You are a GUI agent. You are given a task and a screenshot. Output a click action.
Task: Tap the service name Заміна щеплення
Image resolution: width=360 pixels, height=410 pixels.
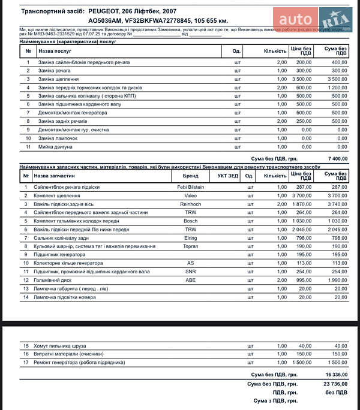coord(58,79)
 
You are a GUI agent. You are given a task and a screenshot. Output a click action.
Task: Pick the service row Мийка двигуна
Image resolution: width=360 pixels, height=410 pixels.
coord(55,146)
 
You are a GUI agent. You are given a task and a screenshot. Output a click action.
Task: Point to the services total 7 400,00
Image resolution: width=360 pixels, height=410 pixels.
coord(338,159)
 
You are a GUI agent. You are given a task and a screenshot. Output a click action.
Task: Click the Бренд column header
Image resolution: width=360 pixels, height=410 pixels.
coord(190,176)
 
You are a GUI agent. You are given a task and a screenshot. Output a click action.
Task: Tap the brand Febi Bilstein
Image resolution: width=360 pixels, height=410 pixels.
coord(190,188)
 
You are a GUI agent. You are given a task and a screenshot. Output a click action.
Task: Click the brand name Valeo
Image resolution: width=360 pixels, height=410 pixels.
coord(190,196)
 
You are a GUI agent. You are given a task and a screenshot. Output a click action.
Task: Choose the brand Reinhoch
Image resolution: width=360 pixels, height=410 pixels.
coord(190,204)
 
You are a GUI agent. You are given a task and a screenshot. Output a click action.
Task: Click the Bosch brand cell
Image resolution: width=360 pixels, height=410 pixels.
coord(190,221)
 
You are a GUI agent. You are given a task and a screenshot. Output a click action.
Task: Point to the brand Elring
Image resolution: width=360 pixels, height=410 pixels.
coord(190,238)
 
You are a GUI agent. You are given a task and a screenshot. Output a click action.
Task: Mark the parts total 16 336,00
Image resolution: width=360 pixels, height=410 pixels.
coord(336,375)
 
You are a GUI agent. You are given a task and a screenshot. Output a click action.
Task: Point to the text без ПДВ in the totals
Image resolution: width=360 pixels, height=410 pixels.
coord(336,392)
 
